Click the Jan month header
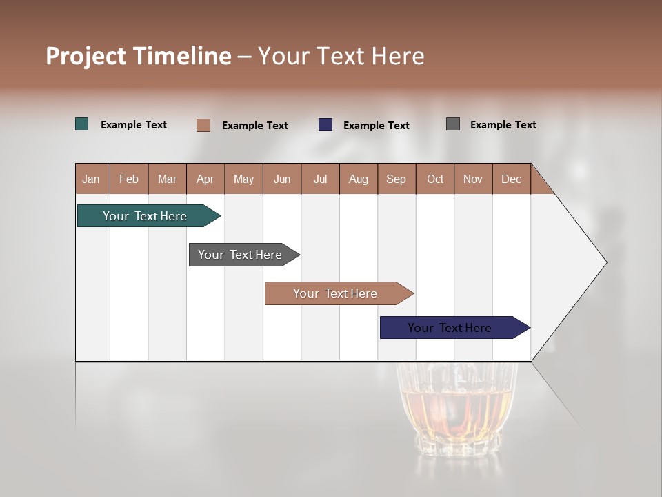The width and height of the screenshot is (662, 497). point(92,179)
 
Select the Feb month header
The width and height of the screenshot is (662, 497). point(129,179)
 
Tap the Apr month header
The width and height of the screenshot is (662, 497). point(205,179)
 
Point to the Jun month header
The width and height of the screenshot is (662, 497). point(282,179)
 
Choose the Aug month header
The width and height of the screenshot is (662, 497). point(359,179)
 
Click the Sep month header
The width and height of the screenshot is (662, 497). point(397,179)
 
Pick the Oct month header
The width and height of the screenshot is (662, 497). point(435,179)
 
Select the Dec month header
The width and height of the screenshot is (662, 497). point(512,179)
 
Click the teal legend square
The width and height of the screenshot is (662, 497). point(82,124)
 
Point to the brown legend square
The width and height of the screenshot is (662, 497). point(203,125)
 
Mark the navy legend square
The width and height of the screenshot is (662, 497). point(325,125)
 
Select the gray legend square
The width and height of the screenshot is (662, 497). point(453,124)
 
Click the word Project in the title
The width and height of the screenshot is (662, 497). point(86,56)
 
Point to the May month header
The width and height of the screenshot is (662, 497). point(243,179)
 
